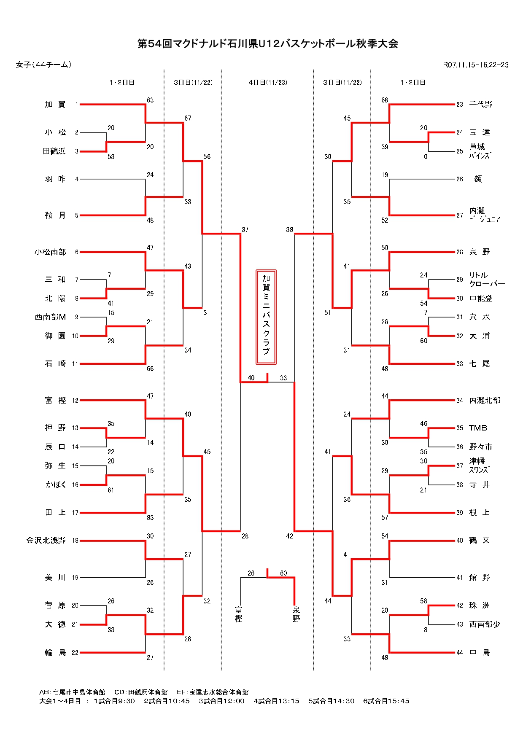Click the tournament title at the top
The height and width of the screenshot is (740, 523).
(267, 44)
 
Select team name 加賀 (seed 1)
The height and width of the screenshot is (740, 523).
(55, 105)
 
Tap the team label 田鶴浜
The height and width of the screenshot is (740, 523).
(54, 151)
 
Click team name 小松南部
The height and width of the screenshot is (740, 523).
(50, 252)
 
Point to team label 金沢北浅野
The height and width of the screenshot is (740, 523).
(46, 541)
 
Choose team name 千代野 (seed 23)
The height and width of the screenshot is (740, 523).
(481, 105)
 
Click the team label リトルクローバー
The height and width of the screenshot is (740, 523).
(486, 280)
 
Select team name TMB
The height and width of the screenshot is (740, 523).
(478, 428)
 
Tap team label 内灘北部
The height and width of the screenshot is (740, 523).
(485, 401)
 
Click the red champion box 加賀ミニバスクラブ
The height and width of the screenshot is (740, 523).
(266, 317)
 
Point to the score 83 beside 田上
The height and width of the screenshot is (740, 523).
(150, 518)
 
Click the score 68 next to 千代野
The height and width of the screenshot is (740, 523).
(385, 100)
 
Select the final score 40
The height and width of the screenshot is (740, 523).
(251, 378)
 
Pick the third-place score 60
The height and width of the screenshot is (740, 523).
(283, 573)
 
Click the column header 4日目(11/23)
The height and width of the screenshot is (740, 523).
(268, 83)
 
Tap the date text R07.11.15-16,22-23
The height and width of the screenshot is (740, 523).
(475, 65)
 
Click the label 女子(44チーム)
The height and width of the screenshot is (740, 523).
(44, 65)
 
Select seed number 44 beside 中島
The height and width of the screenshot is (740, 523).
(459, 653)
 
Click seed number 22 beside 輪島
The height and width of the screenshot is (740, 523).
(75, 653)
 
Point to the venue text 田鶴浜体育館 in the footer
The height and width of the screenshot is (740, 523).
(147, 692)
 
